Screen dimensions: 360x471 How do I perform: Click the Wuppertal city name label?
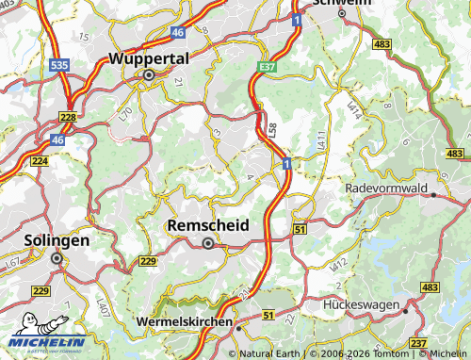click(x=149, y=57)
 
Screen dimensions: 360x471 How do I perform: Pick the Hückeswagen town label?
click(x=364, y=307)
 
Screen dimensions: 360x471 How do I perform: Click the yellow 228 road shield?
click(x=68, y=117)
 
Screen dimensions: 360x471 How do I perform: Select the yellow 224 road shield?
click(x=39, y=161)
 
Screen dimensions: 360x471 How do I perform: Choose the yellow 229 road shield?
click(x=148, y=261)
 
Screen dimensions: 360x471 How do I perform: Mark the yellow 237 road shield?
click(x=418, y=342)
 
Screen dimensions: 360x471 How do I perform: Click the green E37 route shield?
click(x=268, y=67)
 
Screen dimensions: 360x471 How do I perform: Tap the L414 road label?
click(x=356, y=110)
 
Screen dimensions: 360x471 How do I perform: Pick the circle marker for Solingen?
click(x=57, y=256)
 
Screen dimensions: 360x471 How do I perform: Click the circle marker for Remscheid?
click(x=208, y=242)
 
